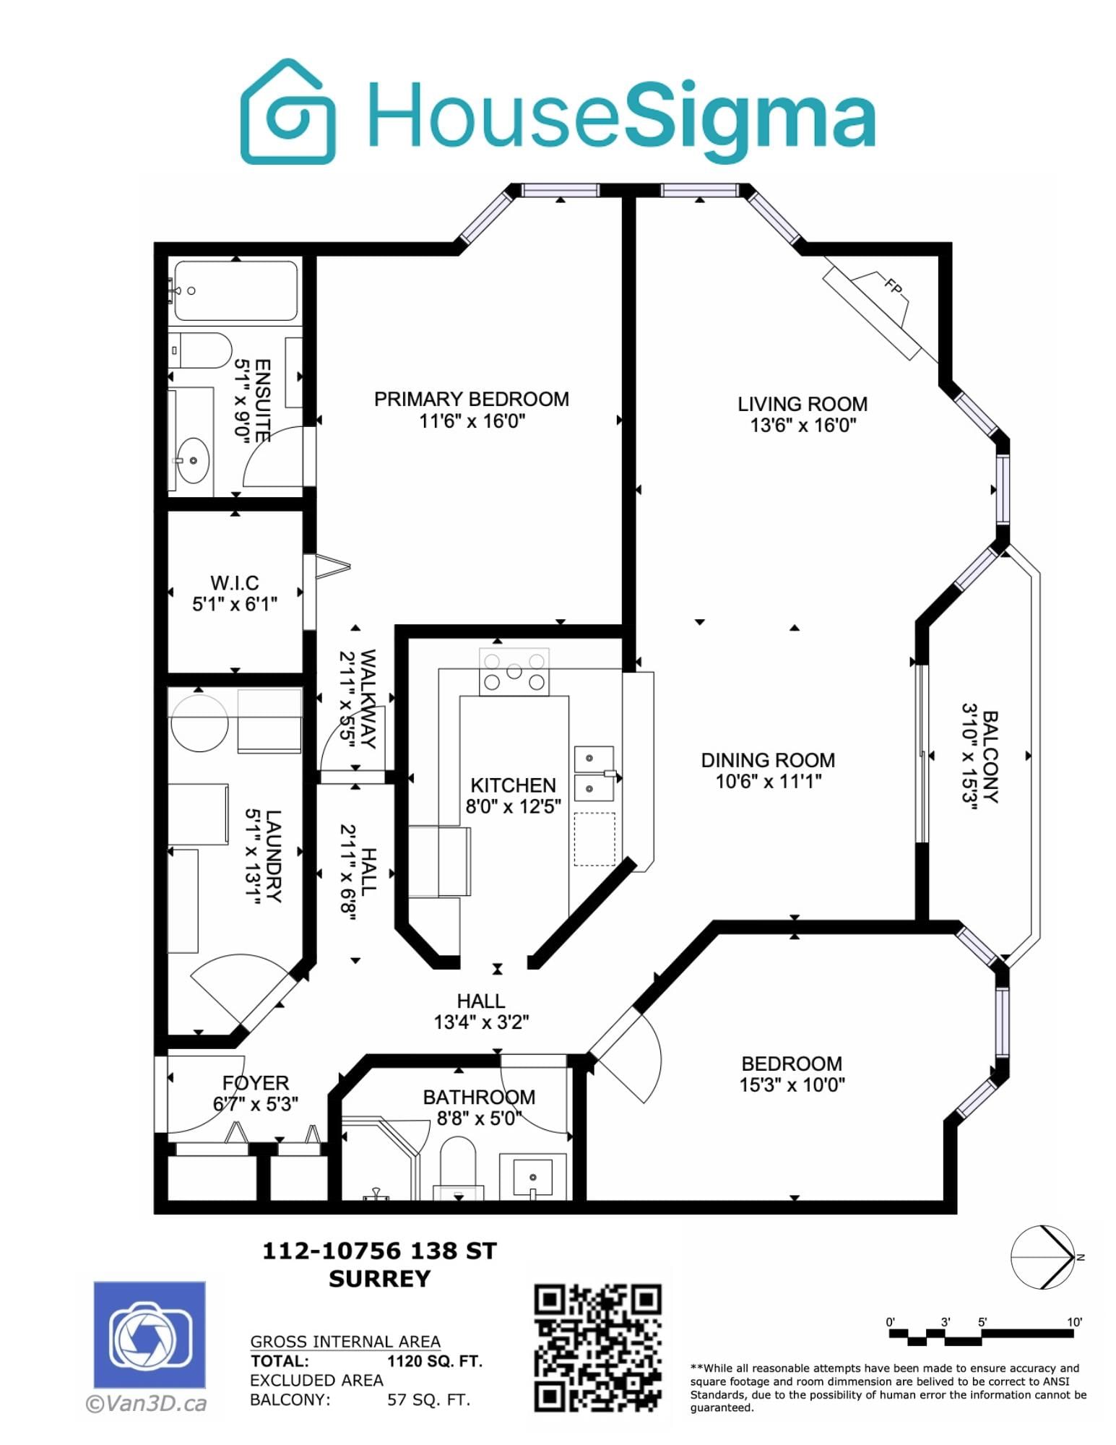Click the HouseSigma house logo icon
(x=287, y=111)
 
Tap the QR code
(x=597, y=1347)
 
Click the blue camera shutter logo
(x=150, y=1334)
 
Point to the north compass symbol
(x=1043, y=1257)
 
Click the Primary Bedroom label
(x=471, y=399)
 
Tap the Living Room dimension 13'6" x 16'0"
(x=803, y=425)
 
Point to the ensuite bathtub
(x=236, y=290)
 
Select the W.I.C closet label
(x=234, y=582)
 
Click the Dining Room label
(x=768, y=760)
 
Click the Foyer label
(x=255, y=1083)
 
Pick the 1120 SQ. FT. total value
(x=435, y=1361)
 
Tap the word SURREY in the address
(x=380, y=1279)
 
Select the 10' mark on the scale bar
(x=1075, y=1322)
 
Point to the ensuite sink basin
(x=193, y=460)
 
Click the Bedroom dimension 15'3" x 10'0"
(x=792, y=1084)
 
